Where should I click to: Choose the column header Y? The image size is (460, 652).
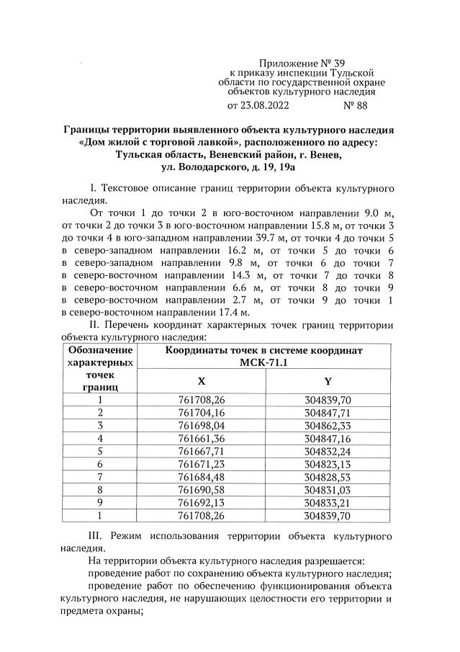tap(328, 381)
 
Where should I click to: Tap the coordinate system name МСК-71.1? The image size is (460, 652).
tap(264, 362)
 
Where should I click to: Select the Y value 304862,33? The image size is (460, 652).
tap(328, 425)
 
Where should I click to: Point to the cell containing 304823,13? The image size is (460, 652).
tap(328, 464)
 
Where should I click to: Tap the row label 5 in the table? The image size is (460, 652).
tap(100, 451)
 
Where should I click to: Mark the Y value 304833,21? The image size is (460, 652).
tap(328, 503)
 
